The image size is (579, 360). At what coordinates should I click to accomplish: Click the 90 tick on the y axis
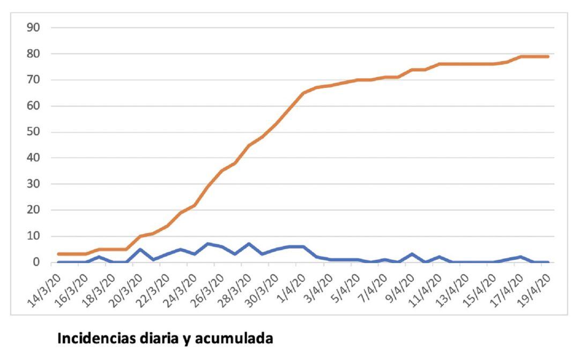pos(33,28)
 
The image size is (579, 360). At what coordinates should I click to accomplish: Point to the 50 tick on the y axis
pos(33,132)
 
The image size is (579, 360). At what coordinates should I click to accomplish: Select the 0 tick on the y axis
pos(36,262)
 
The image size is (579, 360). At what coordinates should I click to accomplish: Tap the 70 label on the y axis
pos(33,80)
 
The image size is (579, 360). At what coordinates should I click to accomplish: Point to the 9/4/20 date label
pos(400,288)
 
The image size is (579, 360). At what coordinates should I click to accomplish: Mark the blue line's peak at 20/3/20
pos(140,249)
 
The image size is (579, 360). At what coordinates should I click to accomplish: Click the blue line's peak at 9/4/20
pos(412,254)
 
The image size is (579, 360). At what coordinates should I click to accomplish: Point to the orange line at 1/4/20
pos(303,93)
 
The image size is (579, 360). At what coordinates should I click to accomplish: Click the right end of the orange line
pos(548,56)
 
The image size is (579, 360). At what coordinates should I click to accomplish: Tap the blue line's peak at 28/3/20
pos(249,244)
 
